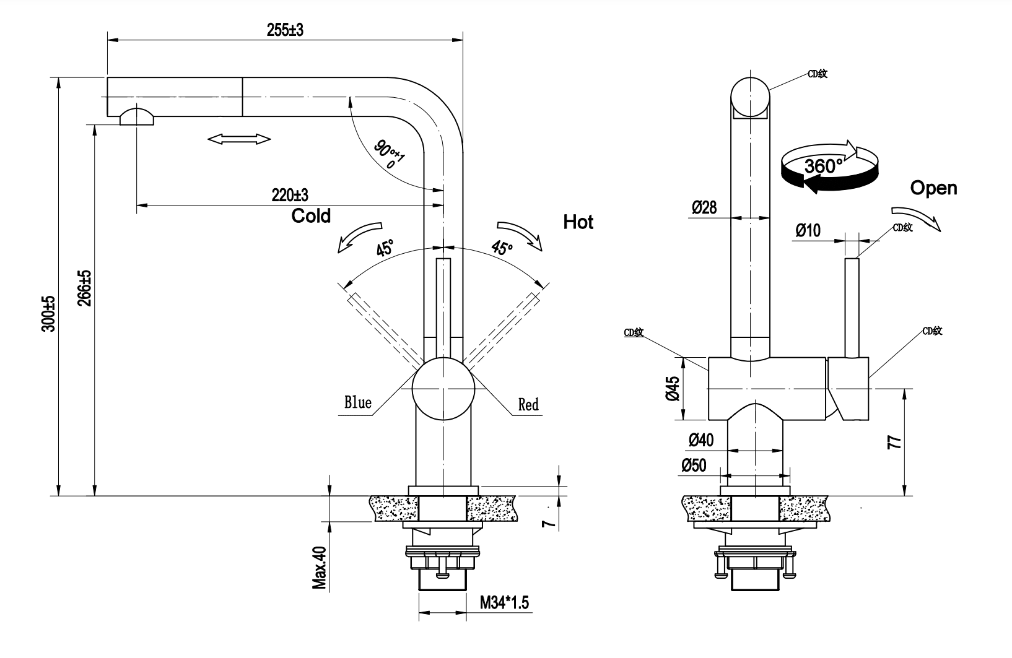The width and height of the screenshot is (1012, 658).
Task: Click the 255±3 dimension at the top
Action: click(x=285, y=30)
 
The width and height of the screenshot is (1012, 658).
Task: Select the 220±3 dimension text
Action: click(x=290, y=195)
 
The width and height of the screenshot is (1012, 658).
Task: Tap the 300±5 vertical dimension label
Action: click(x=48, y=314)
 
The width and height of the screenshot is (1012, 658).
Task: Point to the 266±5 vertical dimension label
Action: click(x=84, y=288)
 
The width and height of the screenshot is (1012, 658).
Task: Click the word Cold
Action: click(x=311, y=216)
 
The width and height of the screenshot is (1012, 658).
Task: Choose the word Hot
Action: click(x=578, y=222)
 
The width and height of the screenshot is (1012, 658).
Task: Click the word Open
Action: click(x=933, y=188)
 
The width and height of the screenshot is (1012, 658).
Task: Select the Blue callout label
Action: click(x=358, y=402)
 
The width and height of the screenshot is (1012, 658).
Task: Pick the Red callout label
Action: click(x=528, y=404)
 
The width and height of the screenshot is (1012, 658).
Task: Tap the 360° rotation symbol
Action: click(x=829, y=166)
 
